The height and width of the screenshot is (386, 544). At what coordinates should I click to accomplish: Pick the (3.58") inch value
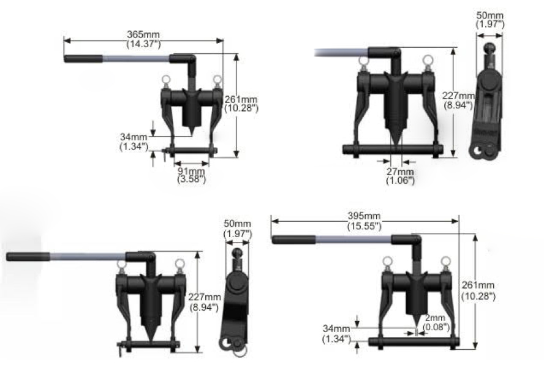pyautogui.click(x=191, y=180)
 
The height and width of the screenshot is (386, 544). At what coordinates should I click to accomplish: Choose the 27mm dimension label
pyautogui.click(x=400, y=172)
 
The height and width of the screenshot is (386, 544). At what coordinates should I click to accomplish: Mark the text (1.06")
pyautogui.click(x=400, y=181)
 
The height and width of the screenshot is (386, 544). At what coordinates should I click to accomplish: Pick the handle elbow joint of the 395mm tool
pyautogui.click(x=415, y=241)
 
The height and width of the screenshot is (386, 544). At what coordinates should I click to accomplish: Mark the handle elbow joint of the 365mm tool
pyautogui.click(x=188, y=60)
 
